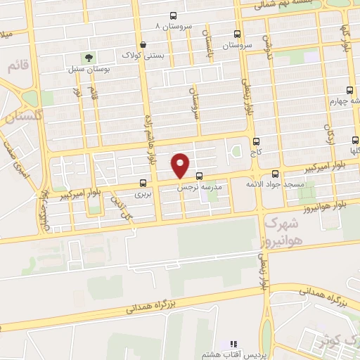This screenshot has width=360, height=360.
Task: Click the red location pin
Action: [x=181, y=164]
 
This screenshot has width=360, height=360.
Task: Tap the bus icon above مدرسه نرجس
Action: [x=200, y=176]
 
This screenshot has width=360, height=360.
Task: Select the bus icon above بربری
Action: [x=143, y=182]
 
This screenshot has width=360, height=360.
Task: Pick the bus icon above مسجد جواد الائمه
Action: [x=275, y=173]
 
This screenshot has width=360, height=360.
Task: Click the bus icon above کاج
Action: [x=256, y=141]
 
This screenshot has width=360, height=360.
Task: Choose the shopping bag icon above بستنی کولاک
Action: [x=143, y=44]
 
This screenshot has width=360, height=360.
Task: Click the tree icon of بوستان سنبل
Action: [x=89, y=58]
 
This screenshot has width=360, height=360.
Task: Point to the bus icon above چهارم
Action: [x=349, y=90]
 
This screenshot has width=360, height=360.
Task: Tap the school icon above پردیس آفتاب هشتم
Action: [x=234, y=343]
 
